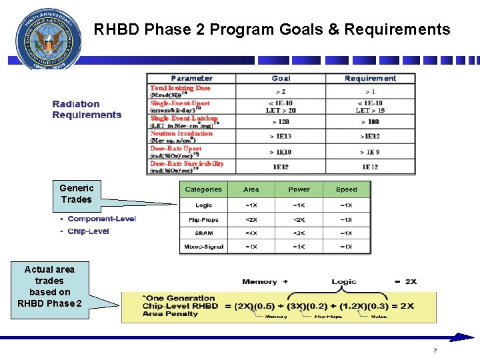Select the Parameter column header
[191, 79]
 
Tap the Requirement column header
[370, 79]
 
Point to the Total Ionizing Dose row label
[180, 88]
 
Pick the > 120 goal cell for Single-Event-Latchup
[281, 122]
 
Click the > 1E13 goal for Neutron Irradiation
[281, 137]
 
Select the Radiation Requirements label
[87, 109]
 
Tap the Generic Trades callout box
[77, 193]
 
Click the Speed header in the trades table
[346, 189]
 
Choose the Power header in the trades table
[299, 189]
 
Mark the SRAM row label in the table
[204, 233]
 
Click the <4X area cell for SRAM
[251, 233]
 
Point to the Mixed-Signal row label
[204, 247]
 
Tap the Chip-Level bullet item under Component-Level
[88, 231]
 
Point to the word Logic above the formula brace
[344, 282]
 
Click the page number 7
[435, 351]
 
